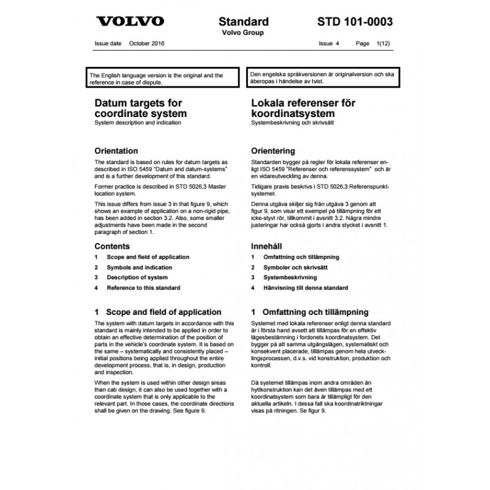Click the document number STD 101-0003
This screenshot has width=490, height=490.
click(x=356, y=21)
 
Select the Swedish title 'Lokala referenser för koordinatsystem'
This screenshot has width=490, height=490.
click(x=303, y=108)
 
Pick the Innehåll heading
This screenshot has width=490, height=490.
click(x=270, y=246)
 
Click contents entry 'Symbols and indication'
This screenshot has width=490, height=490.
click(x=139, y=268)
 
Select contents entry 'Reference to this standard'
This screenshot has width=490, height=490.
click(x=143, y=288)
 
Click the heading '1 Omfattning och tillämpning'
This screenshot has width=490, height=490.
click(x=310, y=312)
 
